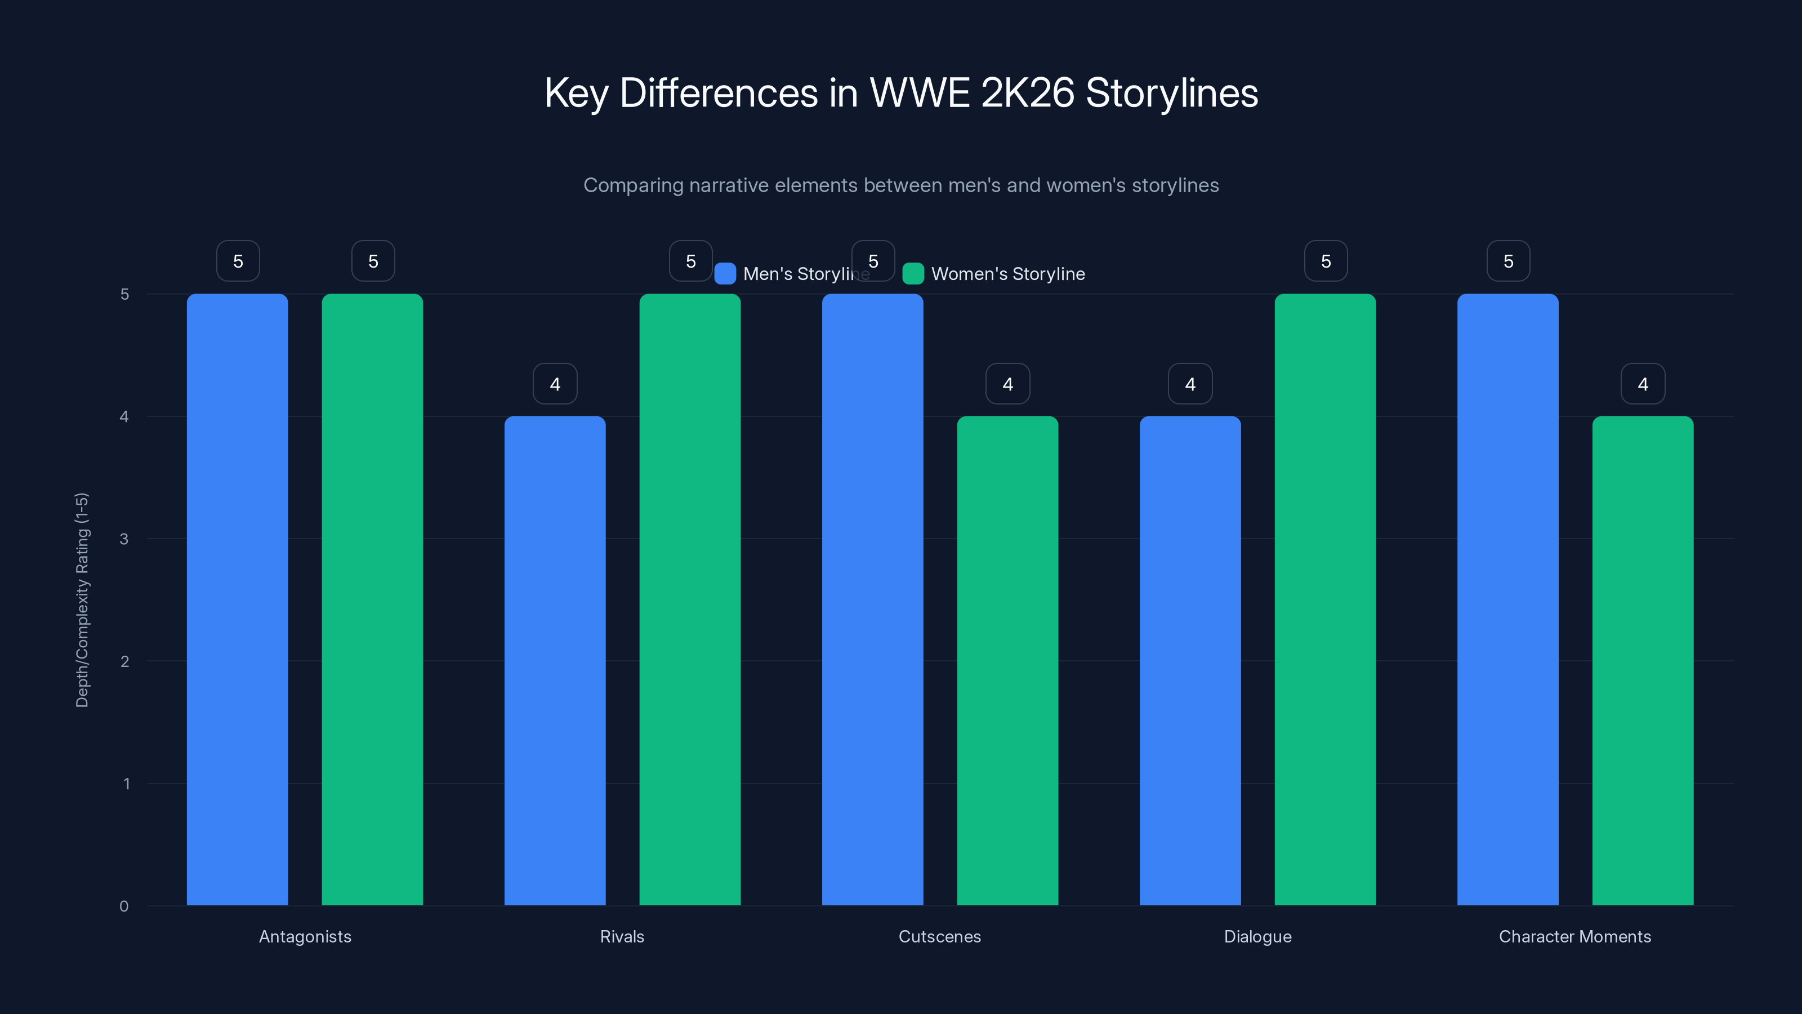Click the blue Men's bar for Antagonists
(x=237, y=599)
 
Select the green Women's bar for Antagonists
(x=372, y=599)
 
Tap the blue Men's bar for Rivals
(x=555, y=661)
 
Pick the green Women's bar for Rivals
(x=690, y=599)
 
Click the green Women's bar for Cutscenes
(x=1007, y=661)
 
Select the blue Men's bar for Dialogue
(x=1190, y=661)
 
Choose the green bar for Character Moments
(x=1643, y=661)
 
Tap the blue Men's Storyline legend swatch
(x=725, y=274)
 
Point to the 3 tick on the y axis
(x=124, y=539)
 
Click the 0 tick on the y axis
(x=124, y=906)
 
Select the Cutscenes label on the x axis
(x=939, y=936)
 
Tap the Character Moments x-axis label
(x=1574, y=936)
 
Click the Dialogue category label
(x=1257, y=936)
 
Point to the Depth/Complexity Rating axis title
(x=82, y=600)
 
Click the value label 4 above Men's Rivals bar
(x=555, y=384)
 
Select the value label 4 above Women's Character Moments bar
(x=1643, y=384)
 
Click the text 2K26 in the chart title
(x=1027, y=92)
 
